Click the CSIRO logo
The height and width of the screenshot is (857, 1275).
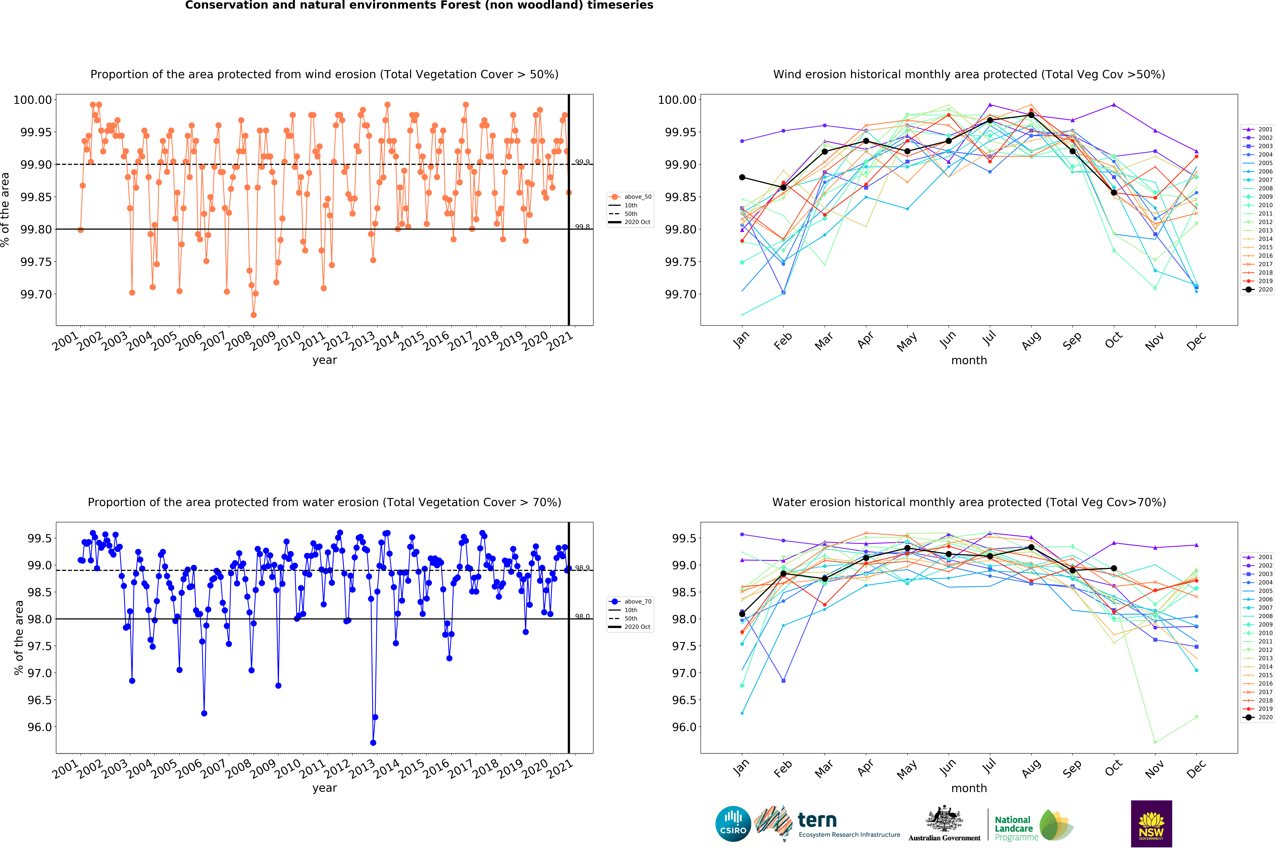coord(733,824)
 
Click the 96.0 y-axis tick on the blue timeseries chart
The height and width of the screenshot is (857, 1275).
coord(39,727)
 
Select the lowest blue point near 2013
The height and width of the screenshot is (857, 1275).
coord(373,743)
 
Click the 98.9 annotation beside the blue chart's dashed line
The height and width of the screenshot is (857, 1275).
coord(582,568)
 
